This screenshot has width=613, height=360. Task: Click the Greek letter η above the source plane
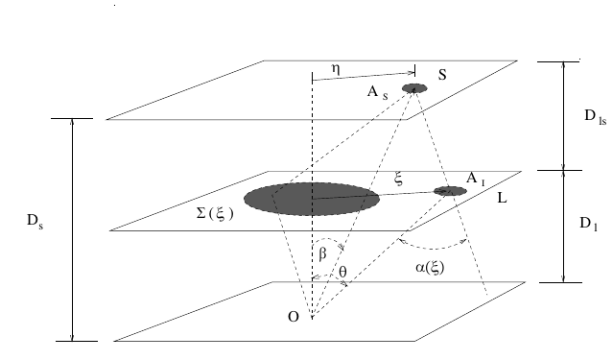(x=337, y=70)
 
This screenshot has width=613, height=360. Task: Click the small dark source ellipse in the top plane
(x=414, y=88)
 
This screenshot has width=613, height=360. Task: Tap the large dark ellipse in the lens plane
(x=312, y=199)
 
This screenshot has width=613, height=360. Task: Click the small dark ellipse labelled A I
(x=450, y=191)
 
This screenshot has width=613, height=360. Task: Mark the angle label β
(x=322, y=254)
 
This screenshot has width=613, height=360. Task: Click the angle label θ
(x=343, y=272)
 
